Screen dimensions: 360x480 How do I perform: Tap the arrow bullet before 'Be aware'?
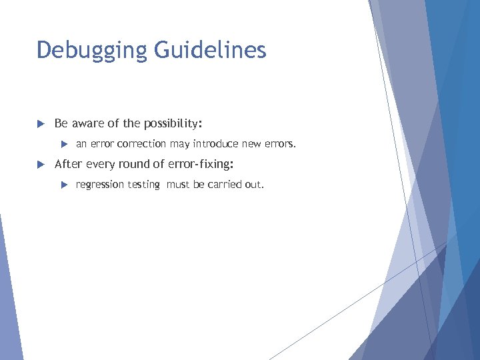(x=40, y=124)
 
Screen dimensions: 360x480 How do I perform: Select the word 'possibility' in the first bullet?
(x=170, y=124)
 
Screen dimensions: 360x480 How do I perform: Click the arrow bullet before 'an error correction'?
(x=64, y=144)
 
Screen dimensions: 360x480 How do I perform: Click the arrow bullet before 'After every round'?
(x=40, y=164)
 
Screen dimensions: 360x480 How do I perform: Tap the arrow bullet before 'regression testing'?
(x=64, y=184)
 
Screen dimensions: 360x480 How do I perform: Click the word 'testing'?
(x=143, y=185)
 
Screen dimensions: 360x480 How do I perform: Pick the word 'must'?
(x=178, y=184)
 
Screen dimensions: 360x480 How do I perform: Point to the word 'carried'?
(x=224, y=184)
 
